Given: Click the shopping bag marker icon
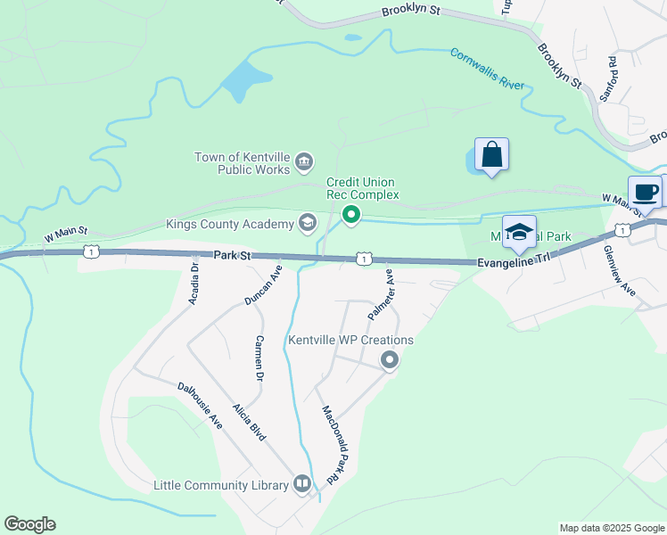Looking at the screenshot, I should [x=491, y=154].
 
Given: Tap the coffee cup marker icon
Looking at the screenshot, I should [x=645, y=191].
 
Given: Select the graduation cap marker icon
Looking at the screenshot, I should [x=517, y=232].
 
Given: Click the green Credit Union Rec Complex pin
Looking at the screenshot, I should [x=351, y=214].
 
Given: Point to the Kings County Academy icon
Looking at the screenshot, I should [x=308, y=223].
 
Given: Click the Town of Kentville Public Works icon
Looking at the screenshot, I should [x=304, y=161].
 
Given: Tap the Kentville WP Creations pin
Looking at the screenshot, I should [x=389, y=360].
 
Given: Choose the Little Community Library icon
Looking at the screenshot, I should [x=302, y=484].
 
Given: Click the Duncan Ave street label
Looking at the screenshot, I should [x=263, y=286].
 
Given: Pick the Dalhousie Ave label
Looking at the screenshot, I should [x=199, y=405].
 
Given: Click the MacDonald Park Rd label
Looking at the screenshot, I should [x=331, y=444].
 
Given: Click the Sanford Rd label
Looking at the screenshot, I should [x=609, y=79].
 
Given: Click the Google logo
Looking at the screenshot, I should [x=29, y=524].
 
